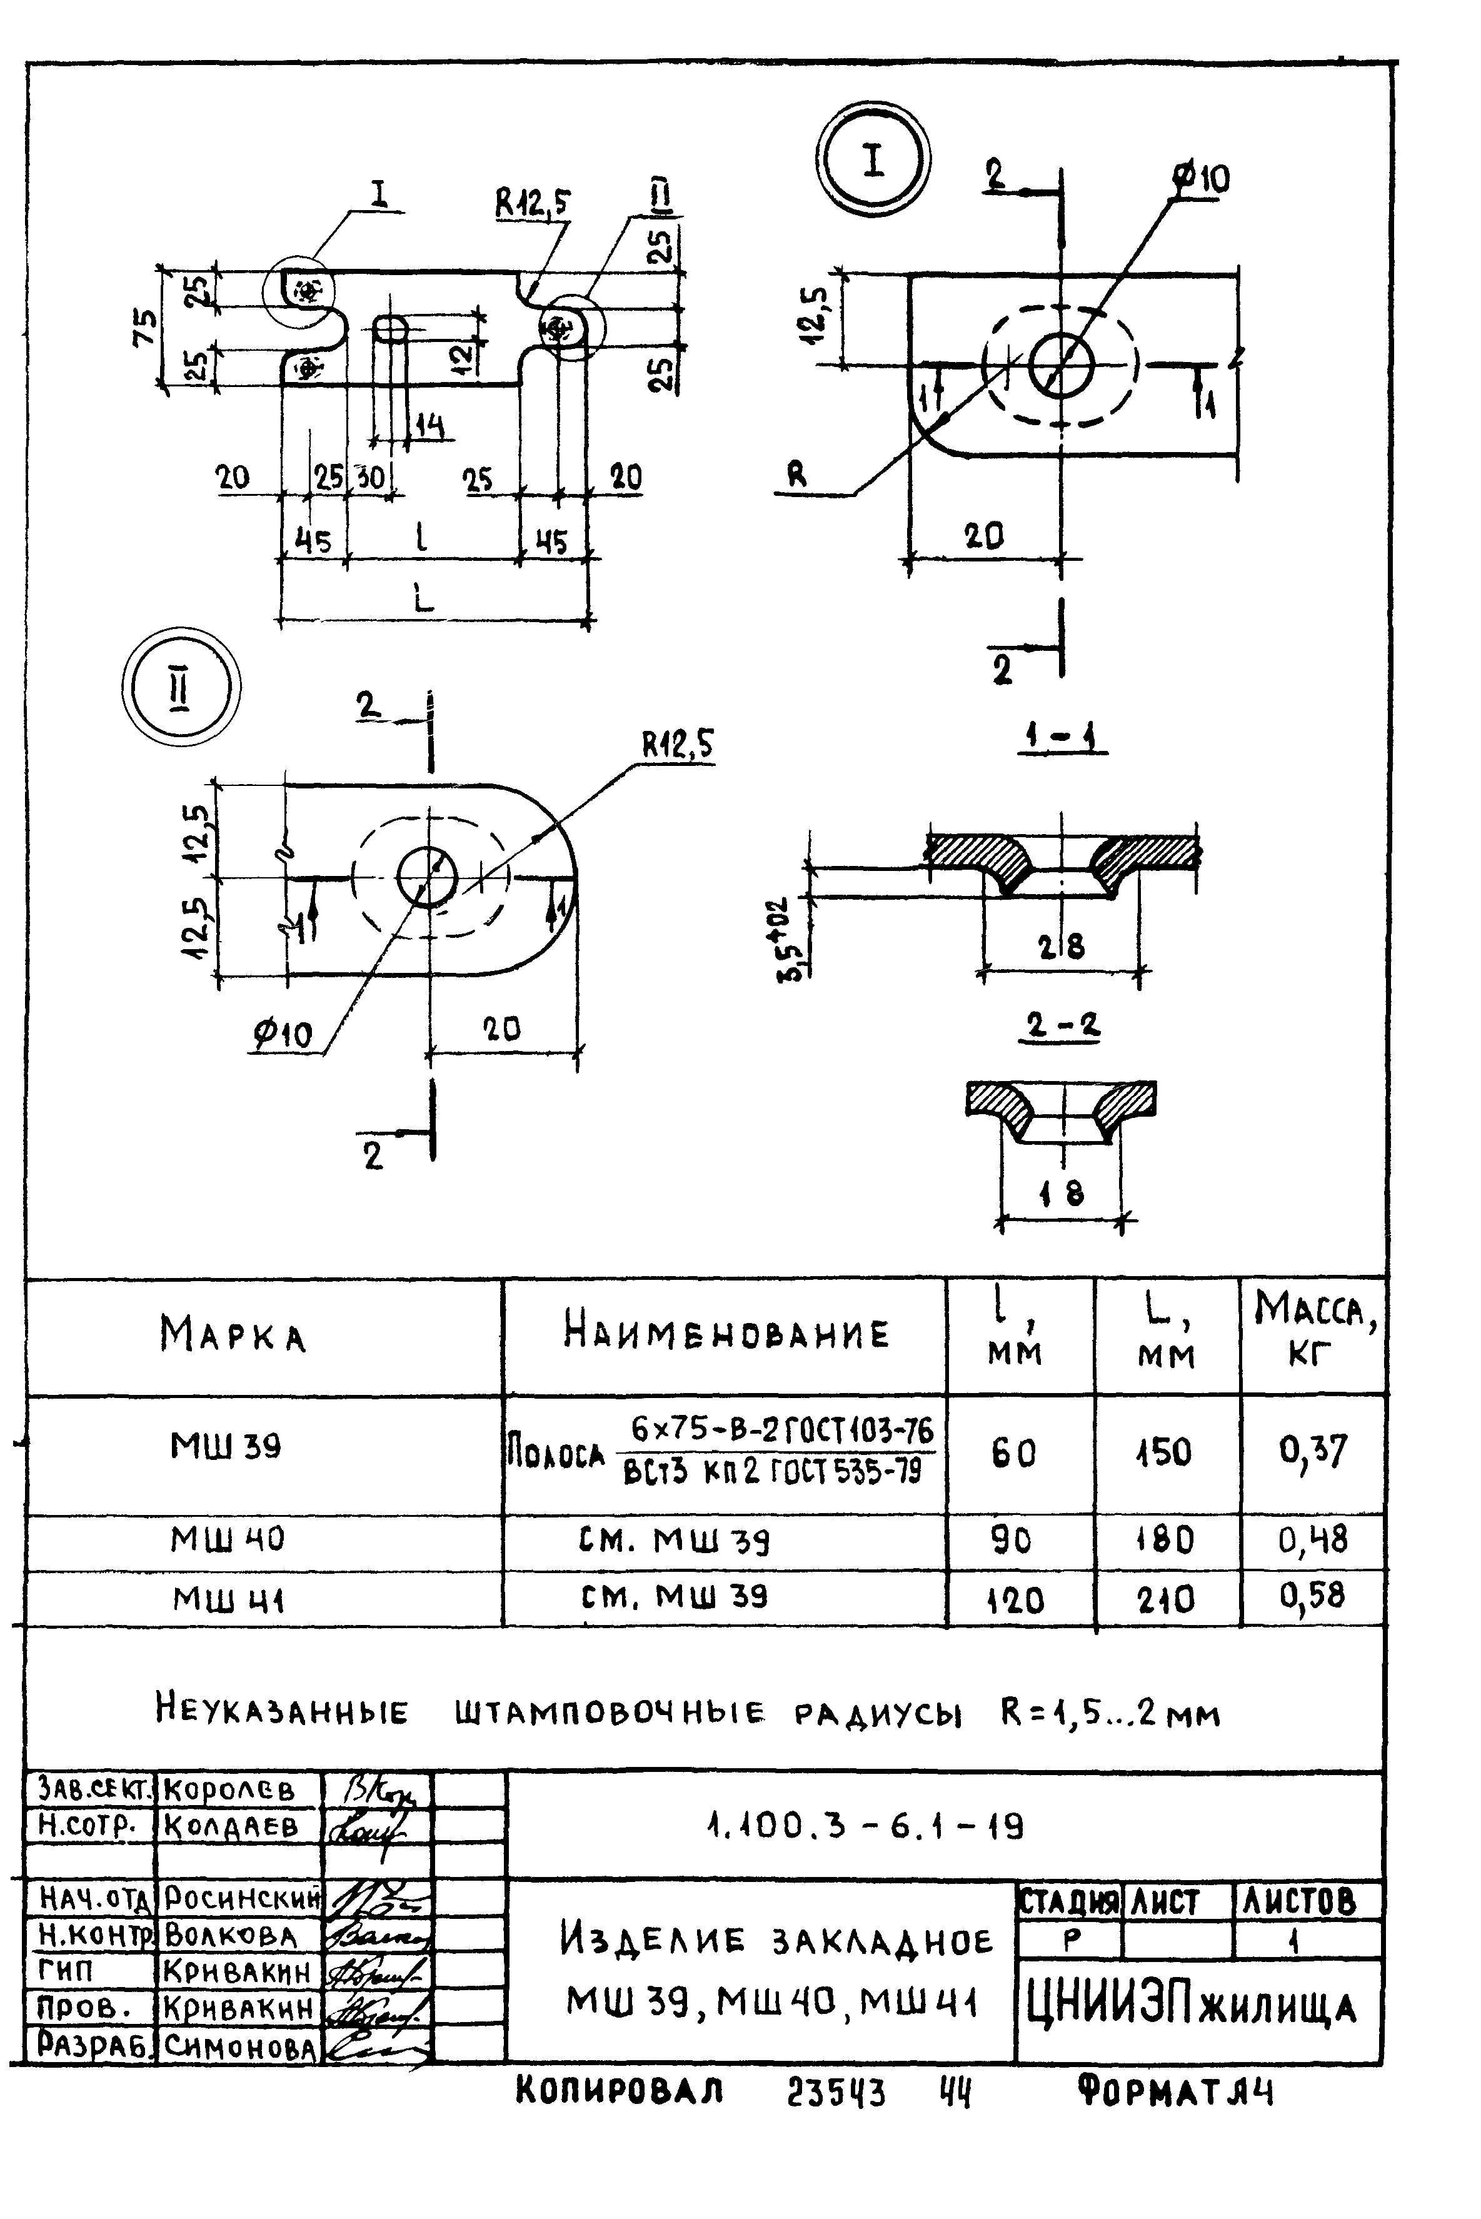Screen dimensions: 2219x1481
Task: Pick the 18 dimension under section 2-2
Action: [1062, 1195]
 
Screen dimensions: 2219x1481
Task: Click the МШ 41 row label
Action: [229, 1599]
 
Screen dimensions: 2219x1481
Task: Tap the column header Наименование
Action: [725, 1334]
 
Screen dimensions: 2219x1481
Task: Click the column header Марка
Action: [233, 1334]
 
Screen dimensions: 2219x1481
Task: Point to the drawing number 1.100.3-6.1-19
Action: [865, 1827]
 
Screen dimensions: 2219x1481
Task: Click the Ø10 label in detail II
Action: [281, 1036]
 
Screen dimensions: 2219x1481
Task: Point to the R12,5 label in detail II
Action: [678, 747]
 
